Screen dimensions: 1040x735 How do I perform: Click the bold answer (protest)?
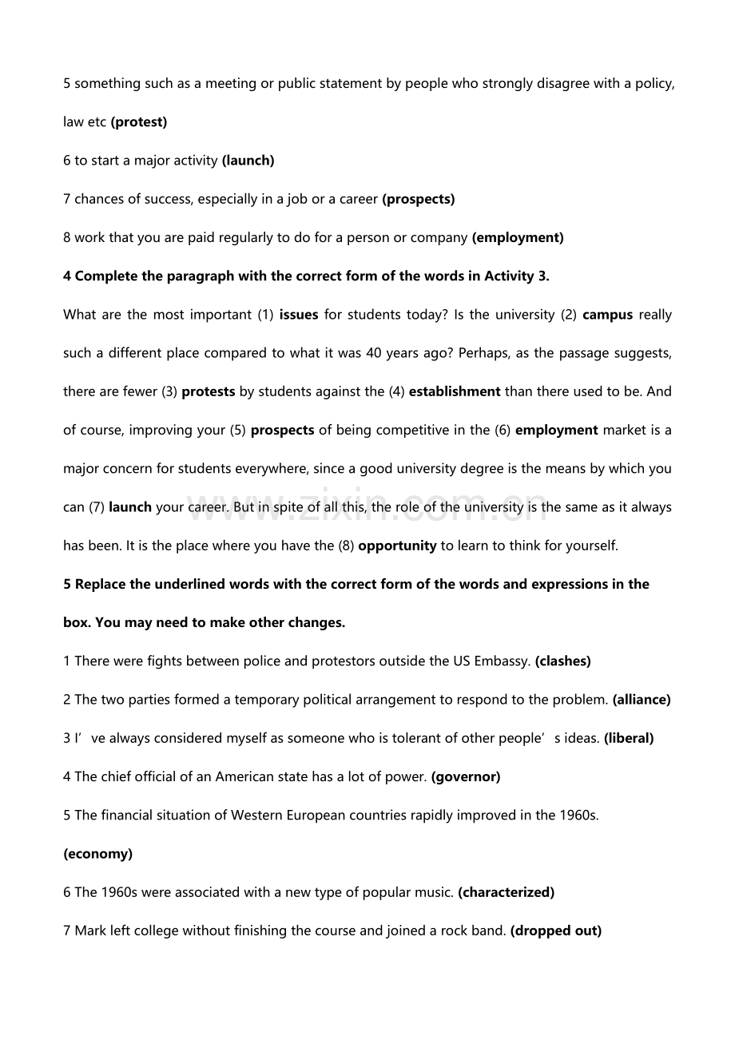[138, 122]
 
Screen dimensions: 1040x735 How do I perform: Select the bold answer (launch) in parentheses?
[248, 161]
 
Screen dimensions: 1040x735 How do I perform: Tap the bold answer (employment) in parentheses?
[518, 237]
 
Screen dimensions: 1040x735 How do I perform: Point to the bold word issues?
[299, 315]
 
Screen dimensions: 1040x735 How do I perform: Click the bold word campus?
[608, 315]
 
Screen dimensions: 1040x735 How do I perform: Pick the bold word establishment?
[455, 391]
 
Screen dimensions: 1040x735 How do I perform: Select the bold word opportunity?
[397, 546]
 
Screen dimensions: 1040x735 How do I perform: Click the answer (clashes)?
[563, 661]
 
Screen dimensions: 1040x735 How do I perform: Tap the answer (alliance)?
[642, 700]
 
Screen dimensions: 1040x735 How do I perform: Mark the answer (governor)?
[466, 776]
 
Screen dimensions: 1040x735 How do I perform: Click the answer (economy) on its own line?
[97, 854]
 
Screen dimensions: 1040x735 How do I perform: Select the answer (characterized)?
[506, 892]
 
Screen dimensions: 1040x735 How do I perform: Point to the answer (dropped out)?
[556, 931]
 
